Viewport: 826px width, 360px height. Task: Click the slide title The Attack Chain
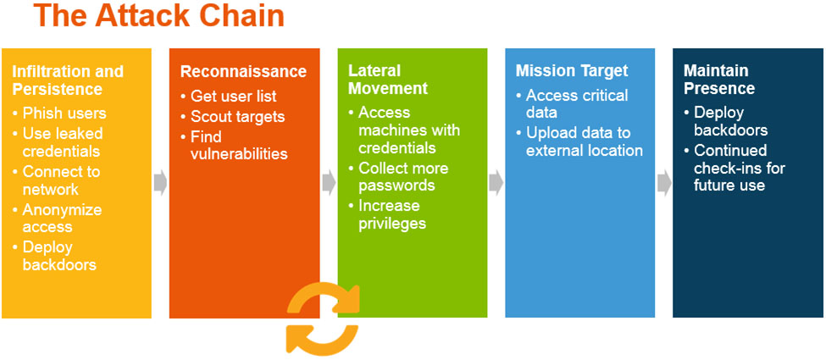[158, 17]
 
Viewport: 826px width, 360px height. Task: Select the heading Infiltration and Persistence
[68, 80]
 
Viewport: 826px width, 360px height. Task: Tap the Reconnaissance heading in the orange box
[243, 72]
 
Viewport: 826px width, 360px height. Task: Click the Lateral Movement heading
[388, 80]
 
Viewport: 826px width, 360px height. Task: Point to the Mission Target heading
[572, 71]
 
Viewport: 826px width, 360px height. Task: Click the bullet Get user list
[233, 97]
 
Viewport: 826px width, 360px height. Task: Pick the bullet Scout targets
[237, 117]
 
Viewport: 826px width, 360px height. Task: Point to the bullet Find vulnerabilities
[238, 145]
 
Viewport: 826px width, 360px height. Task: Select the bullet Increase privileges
[391, 214]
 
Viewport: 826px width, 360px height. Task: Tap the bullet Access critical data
[576, 103]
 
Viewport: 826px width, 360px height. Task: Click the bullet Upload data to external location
[584, 141]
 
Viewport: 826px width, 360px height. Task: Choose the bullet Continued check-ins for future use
[739, 168]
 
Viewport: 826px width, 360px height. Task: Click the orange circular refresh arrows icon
[321, 319]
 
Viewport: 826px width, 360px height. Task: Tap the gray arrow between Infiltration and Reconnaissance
[160, 182]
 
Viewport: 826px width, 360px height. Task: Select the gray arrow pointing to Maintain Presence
[664, 182]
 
